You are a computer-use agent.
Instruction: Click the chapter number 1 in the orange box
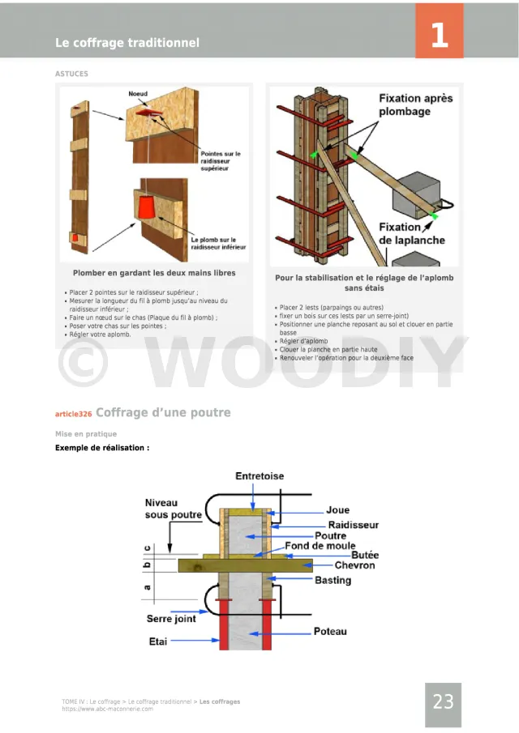(x=439, y=35)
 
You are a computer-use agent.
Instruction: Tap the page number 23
(x=443, y=702)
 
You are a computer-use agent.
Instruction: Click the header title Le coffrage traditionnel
(x=127, y=43)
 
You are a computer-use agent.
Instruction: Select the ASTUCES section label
(x=71, y=74)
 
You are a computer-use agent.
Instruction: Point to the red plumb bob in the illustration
(x=147, y=208)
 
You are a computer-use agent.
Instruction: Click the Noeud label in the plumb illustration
(x=138, y=94)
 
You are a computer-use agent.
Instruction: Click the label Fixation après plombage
(x=416, y=104)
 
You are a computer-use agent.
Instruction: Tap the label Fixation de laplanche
(x=412, y=234)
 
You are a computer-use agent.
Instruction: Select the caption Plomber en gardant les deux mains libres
(x=154, y=273)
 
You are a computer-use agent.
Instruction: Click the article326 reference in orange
(x=73, y=414)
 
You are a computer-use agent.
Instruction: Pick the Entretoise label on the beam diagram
(x=259, y=476)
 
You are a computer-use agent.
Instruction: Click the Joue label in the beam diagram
(x=338, y=511)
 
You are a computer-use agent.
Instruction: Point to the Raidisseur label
(x=353, y=525)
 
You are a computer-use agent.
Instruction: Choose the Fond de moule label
(x=320, y=546)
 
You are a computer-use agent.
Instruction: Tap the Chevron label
(x=354, y=565)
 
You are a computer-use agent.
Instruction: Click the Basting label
(x=332, y=580)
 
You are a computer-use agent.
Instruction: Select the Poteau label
(x=330, y=631)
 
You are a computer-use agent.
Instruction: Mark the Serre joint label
(x=171, y=619)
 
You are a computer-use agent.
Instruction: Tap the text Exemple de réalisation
(x=102, y=447)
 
